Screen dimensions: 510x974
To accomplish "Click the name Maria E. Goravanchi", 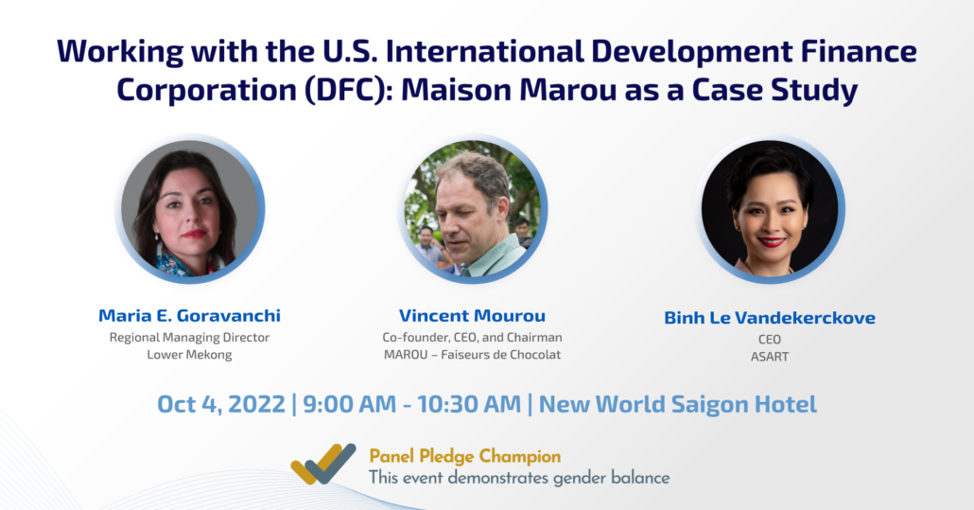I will pos(189,315).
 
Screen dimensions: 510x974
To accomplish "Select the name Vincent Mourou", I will pos(472,315).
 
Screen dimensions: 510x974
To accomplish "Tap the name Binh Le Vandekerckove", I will pos(770,318).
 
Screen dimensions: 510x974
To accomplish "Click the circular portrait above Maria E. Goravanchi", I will pos(190,210).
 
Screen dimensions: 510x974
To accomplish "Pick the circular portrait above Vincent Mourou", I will pos(473,210).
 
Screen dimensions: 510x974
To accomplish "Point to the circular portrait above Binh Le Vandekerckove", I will pos(770,210).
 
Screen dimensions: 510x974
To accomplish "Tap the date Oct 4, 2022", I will pos(220,404).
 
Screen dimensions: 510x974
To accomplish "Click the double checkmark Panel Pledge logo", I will pos(323,465).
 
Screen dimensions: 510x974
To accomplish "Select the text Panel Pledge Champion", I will pos(464,456).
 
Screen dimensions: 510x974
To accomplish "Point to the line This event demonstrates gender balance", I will pos(518,477).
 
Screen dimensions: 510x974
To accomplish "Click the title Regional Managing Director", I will pos(189,338).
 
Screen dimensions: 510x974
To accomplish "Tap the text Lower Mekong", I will pos(189,355).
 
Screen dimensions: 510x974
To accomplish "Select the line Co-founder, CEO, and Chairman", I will pos(472,338).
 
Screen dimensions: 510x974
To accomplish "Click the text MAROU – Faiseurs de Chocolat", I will pos(472,355).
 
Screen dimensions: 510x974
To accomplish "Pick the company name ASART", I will pos(770,357).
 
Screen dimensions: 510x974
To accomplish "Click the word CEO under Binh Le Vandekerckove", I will pos(770,340).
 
